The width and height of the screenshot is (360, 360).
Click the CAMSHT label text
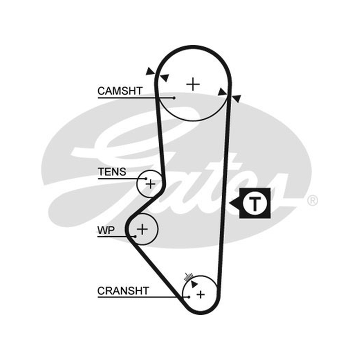[x=120, y=91]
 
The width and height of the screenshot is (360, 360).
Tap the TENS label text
[x=112, y=172]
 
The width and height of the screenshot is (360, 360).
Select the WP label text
[x=106, y=230]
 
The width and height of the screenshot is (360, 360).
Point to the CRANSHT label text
[x=123, y=291]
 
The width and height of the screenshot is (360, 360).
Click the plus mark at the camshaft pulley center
[x=193, y=84]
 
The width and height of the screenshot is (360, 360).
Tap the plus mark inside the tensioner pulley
[x=151, y=184]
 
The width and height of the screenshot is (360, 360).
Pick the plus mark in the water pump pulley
[x=142, y=229]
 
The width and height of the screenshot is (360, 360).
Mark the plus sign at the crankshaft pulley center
[x=201, y=295]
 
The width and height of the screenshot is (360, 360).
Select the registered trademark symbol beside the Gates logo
[x=312, y=200]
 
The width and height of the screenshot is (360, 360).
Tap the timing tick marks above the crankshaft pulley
[x=188, y=277]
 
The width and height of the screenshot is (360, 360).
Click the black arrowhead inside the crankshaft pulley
[x=194, y=284]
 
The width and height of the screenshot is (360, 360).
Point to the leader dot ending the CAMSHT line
[x=174, y=98]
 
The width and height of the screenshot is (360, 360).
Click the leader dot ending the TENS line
[x=146, y=178]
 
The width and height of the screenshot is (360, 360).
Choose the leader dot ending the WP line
[x=135, y=237]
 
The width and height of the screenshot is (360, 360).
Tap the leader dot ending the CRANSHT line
[x=189, y=297]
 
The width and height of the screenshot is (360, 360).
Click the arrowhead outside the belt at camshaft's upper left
[x=150, y=72]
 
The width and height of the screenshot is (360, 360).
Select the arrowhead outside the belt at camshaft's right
[x=236, y=99]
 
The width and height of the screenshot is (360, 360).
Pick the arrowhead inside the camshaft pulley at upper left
[x=165, y=77]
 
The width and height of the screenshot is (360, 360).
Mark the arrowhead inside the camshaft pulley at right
[x=222, y=92]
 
